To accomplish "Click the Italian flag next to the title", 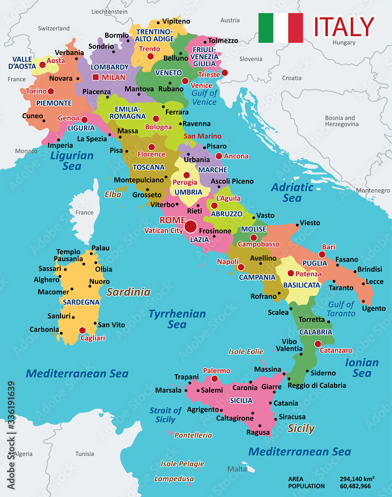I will pos(280,28).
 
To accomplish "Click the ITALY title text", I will pos(344,27).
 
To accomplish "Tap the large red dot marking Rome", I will pos(190,227).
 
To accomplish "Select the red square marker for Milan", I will pos(95,78).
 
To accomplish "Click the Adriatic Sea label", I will pos(292,193).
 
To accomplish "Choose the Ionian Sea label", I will pos(362,368).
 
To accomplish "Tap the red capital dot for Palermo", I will pos(215,379).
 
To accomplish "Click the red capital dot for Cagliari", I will pos(82,330).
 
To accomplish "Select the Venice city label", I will pos(202,85).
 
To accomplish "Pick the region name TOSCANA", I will pos(149,167).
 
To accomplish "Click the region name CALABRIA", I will pos(315,331).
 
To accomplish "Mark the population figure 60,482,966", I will pos(357,486).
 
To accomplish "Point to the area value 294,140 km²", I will pos(357,479).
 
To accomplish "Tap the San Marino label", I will pos(203,136).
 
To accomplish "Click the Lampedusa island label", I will pos(174,479).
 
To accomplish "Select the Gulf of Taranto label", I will pos(341,309).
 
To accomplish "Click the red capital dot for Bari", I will pos(322,254).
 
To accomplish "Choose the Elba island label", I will pos(113,195).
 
